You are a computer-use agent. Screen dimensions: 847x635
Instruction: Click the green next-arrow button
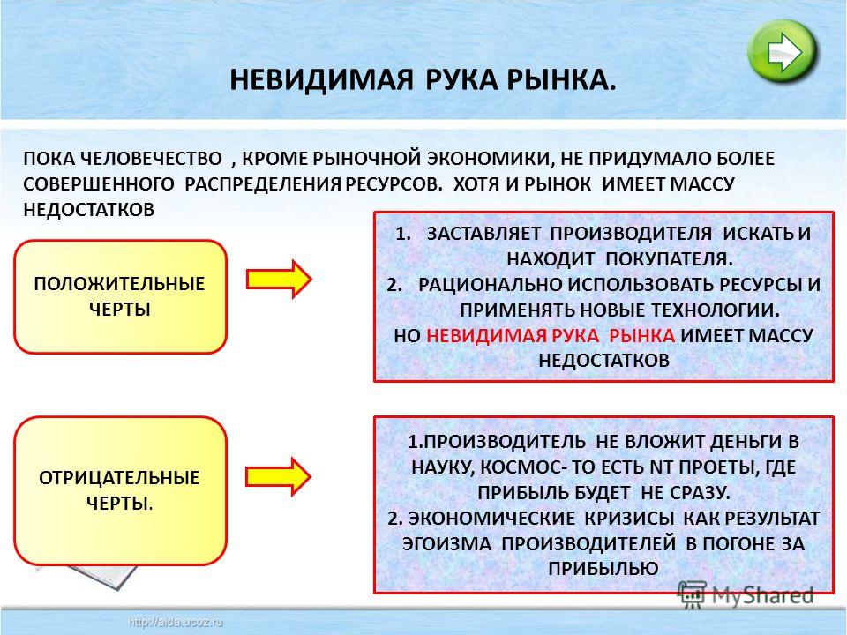click(x=783, y=51)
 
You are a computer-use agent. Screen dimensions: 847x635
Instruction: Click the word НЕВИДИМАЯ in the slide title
click(x=321, y=80)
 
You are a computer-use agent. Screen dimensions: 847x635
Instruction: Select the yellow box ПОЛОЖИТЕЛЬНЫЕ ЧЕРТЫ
click(x=120, y=297)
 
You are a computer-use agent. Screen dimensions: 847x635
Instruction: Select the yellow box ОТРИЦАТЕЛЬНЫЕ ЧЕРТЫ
click(x=120, y=491)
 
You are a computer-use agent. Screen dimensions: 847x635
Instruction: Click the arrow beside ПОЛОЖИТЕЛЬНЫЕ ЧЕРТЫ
click(x=280, y=280)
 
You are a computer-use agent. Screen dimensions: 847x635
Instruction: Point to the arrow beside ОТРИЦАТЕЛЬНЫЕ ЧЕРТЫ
click(x=279, y=476)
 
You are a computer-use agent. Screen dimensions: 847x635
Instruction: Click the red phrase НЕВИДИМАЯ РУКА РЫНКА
click(x=551, y=335)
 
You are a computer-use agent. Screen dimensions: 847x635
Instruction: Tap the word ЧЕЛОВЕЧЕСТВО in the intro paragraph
click(x=151, y=159)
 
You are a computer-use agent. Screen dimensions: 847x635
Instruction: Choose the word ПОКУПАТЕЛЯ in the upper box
click(x=669, y=259)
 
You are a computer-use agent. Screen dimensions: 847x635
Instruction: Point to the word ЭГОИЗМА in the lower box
click(x=446, y=544)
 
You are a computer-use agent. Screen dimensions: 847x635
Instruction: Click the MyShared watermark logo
click(x=746, y=596)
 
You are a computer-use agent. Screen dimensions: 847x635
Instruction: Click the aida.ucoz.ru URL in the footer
click(x=176, y=623)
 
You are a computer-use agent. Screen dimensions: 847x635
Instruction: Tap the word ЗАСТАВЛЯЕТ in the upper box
click(x=483, y=234)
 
